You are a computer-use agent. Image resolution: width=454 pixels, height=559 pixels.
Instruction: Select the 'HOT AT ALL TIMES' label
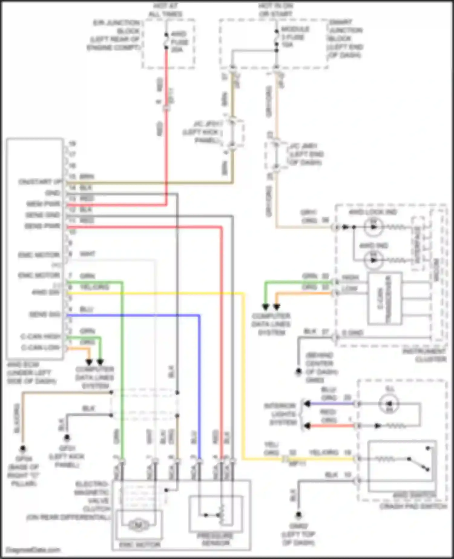point(166,10)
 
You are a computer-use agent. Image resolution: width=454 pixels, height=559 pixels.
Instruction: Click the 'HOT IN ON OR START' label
point(275,10)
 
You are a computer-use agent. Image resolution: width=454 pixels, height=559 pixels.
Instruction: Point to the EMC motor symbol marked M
point(139,525)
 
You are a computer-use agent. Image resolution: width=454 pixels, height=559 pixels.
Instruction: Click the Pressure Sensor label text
point(216,539)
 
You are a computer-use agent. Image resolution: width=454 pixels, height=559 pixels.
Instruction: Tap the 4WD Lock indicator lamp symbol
point(373,227)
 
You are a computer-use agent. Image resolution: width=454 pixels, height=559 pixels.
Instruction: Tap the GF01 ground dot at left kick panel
point(67,438)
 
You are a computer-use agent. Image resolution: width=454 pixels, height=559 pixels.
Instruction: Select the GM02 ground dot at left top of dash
point(298,514)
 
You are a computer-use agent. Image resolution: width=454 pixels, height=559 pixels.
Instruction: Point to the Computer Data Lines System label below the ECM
point(95,378)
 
